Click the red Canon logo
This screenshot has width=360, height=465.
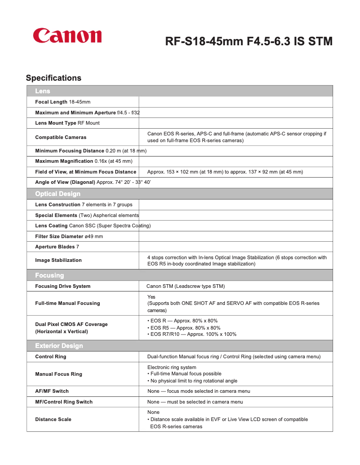click(67, 36)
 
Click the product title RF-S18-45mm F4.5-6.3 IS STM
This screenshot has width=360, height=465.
click(249, 42)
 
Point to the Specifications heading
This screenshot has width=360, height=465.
click(53, 78)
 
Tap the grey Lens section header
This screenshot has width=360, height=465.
click(43, 91)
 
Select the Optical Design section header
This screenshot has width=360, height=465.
click(58, 194)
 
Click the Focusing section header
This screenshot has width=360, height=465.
click(49, 275)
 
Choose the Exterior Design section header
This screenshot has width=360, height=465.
click(59, 346)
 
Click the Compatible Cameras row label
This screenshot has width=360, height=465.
click(61, 137)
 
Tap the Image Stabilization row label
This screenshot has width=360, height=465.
click(58, 260)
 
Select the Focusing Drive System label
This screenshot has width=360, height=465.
click(63, 286)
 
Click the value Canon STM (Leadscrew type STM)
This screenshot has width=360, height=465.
click(185, 286)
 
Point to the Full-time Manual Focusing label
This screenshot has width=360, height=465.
click(67, 303)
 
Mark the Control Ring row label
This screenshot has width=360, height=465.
click(51, 356)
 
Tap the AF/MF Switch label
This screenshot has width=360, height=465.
click(52, 391)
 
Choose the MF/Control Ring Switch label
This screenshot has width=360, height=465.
click(64, 402)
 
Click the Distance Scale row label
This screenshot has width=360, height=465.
click(53, 419)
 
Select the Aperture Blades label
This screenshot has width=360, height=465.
click(55, 247)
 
